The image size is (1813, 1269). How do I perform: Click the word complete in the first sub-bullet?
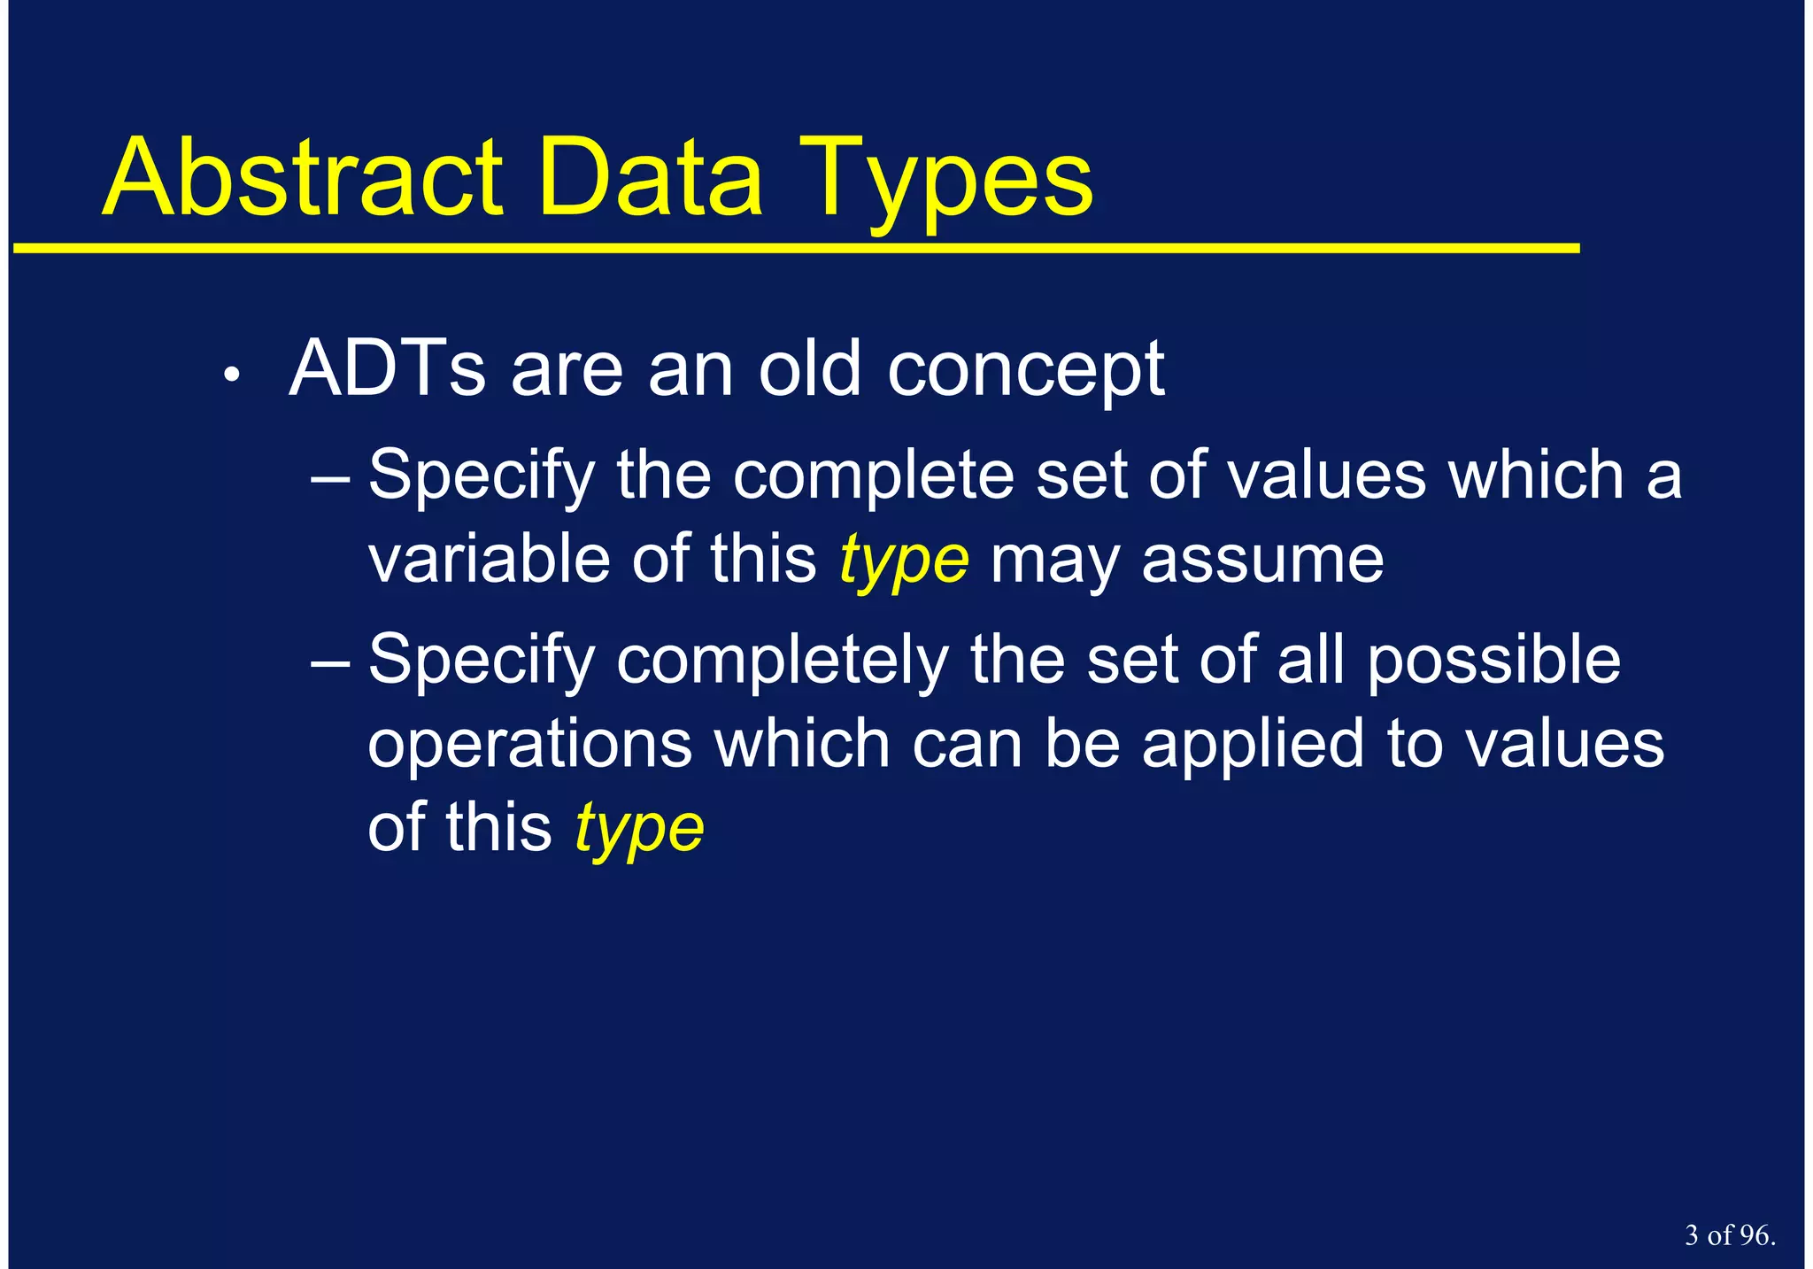874,476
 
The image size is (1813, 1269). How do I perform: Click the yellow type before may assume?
904,563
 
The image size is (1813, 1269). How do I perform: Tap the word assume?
1262,561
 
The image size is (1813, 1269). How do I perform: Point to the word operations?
529,746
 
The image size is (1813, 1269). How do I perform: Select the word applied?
1253,746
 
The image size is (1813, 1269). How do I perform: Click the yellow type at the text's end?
639,831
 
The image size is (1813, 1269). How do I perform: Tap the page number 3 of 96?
1729,1235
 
